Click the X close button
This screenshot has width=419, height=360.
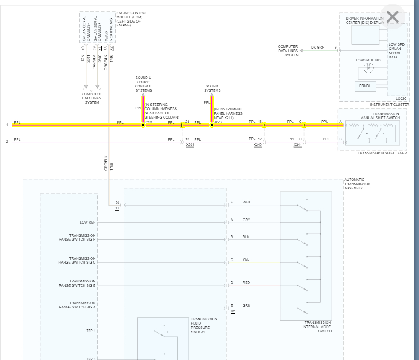[392, 17]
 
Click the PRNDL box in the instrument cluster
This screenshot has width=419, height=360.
[365, 86]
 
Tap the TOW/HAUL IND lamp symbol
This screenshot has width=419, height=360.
[369, 68]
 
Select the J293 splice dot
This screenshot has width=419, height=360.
[143, 125]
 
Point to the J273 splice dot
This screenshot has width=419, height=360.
[211, 125]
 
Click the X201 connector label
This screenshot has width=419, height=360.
[190, 145]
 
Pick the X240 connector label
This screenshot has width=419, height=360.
[257, 145]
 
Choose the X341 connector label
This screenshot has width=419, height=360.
[298, 145]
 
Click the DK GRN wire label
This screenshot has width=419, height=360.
[318, 47]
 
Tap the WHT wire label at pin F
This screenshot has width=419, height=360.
[246, 202]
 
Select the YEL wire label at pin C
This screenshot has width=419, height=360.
[246, 259]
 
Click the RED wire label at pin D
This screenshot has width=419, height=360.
[246, 282]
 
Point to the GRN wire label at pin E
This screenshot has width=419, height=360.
[246, 305]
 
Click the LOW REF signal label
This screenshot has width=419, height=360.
[87, 222]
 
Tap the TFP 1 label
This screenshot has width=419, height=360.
[91, 331]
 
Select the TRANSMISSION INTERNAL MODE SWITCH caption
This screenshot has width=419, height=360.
[317, 327]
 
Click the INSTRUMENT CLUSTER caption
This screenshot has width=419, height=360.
[389, 105]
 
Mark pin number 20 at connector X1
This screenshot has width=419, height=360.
[117, 203]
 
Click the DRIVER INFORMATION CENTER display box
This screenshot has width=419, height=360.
[365, 35]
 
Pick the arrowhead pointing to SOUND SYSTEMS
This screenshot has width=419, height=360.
[211, 96]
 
